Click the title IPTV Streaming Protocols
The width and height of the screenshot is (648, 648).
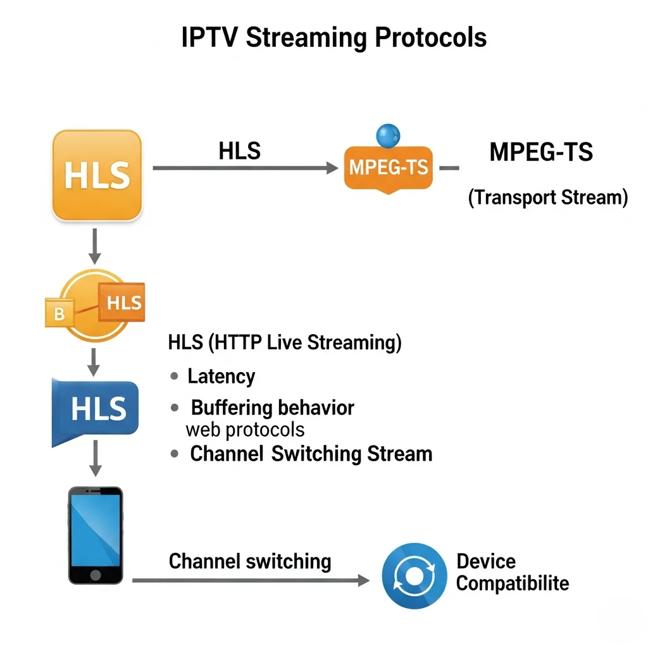coord(333,38)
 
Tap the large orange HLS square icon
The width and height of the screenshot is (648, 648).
coord(97,175)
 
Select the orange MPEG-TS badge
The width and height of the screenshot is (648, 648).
coord(388,168)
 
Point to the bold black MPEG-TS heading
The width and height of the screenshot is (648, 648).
coord(541,153)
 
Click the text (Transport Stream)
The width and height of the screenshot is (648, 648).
coord(547,197)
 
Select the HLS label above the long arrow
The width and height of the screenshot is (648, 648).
coord(239,151)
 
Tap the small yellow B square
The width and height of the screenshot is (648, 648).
coord(59,314)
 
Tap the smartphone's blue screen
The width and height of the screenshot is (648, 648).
coord(95,528)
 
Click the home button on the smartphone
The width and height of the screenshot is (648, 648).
coord(96,574)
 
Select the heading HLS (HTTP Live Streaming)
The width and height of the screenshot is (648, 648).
coord(285,343)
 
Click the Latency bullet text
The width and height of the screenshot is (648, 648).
coord(221,377)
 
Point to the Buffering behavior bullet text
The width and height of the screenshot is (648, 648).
coord(272,408)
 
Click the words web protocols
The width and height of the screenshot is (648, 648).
coord(245,430)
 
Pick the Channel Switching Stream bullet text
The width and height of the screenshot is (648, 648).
coord(311,454)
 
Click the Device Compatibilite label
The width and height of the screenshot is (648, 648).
coord(512,572)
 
